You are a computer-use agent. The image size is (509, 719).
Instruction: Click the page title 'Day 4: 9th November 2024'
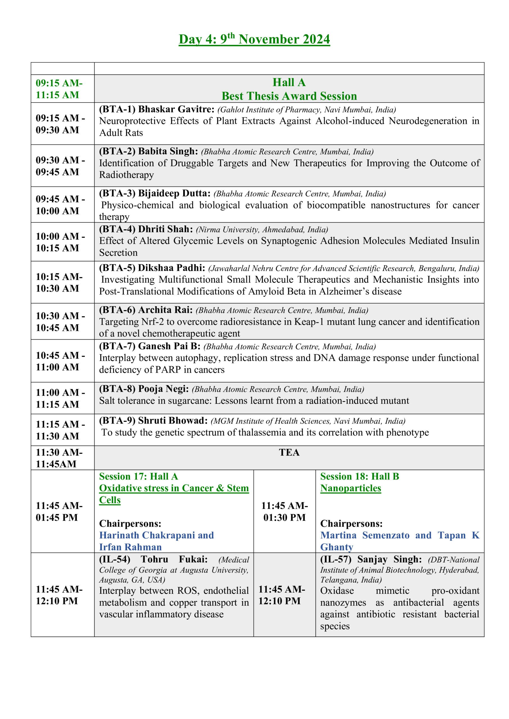click(x=254, y=39)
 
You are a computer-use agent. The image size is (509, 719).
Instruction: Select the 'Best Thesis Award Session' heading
click(x=289, y=96)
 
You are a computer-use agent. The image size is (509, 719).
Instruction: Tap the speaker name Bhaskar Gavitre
click(x=176, y=109)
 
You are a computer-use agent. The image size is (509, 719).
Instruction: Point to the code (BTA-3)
click(x=117, y=194)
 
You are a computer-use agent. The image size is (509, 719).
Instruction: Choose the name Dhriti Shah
click(x=165, y=229)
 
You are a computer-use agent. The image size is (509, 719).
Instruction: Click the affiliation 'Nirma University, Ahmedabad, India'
click(x=262, y=230)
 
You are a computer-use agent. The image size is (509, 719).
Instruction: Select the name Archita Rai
click(x=165, y=310)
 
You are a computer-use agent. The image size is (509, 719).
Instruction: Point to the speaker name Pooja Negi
click(x=163, y=389)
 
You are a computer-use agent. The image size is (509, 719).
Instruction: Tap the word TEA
click(x=289, y=452)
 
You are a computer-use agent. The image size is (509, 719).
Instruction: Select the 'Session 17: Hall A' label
click(x=139, y=477)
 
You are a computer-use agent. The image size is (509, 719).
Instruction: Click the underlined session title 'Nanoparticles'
click(x=350, y=488)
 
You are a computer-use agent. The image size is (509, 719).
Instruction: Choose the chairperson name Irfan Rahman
click(x=130, y=547)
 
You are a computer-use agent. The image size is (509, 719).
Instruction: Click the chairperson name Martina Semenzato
click(x=365, y=535)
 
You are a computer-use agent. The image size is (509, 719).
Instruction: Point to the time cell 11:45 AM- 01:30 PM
click(x=284, y=511)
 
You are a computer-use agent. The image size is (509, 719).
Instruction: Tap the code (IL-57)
click(x=336, y=559)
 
